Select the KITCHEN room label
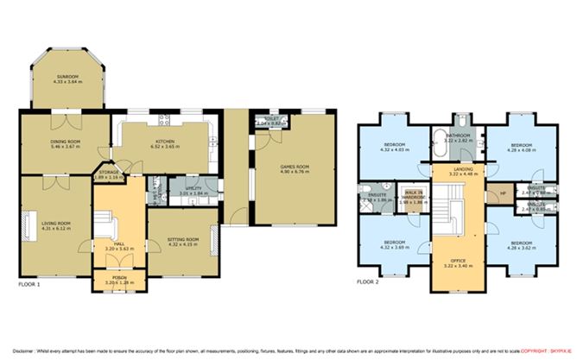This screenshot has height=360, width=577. tap(165, 142)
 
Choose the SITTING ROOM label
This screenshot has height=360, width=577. tap(182, 239)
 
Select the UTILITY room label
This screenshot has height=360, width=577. tap(193, 186)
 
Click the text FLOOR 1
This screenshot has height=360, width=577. tap(29, 283)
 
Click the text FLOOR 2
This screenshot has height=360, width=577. tap(368, 283)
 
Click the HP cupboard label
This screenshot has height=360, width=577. tap(493, 193)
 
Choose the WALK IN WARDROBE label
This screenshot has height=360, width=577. tap(416, 197)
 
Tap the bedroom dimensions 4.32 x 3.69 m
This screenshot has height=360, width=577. tap(395, 247)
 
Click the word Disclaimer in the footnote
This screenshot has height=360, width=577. tap(16, 351)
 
